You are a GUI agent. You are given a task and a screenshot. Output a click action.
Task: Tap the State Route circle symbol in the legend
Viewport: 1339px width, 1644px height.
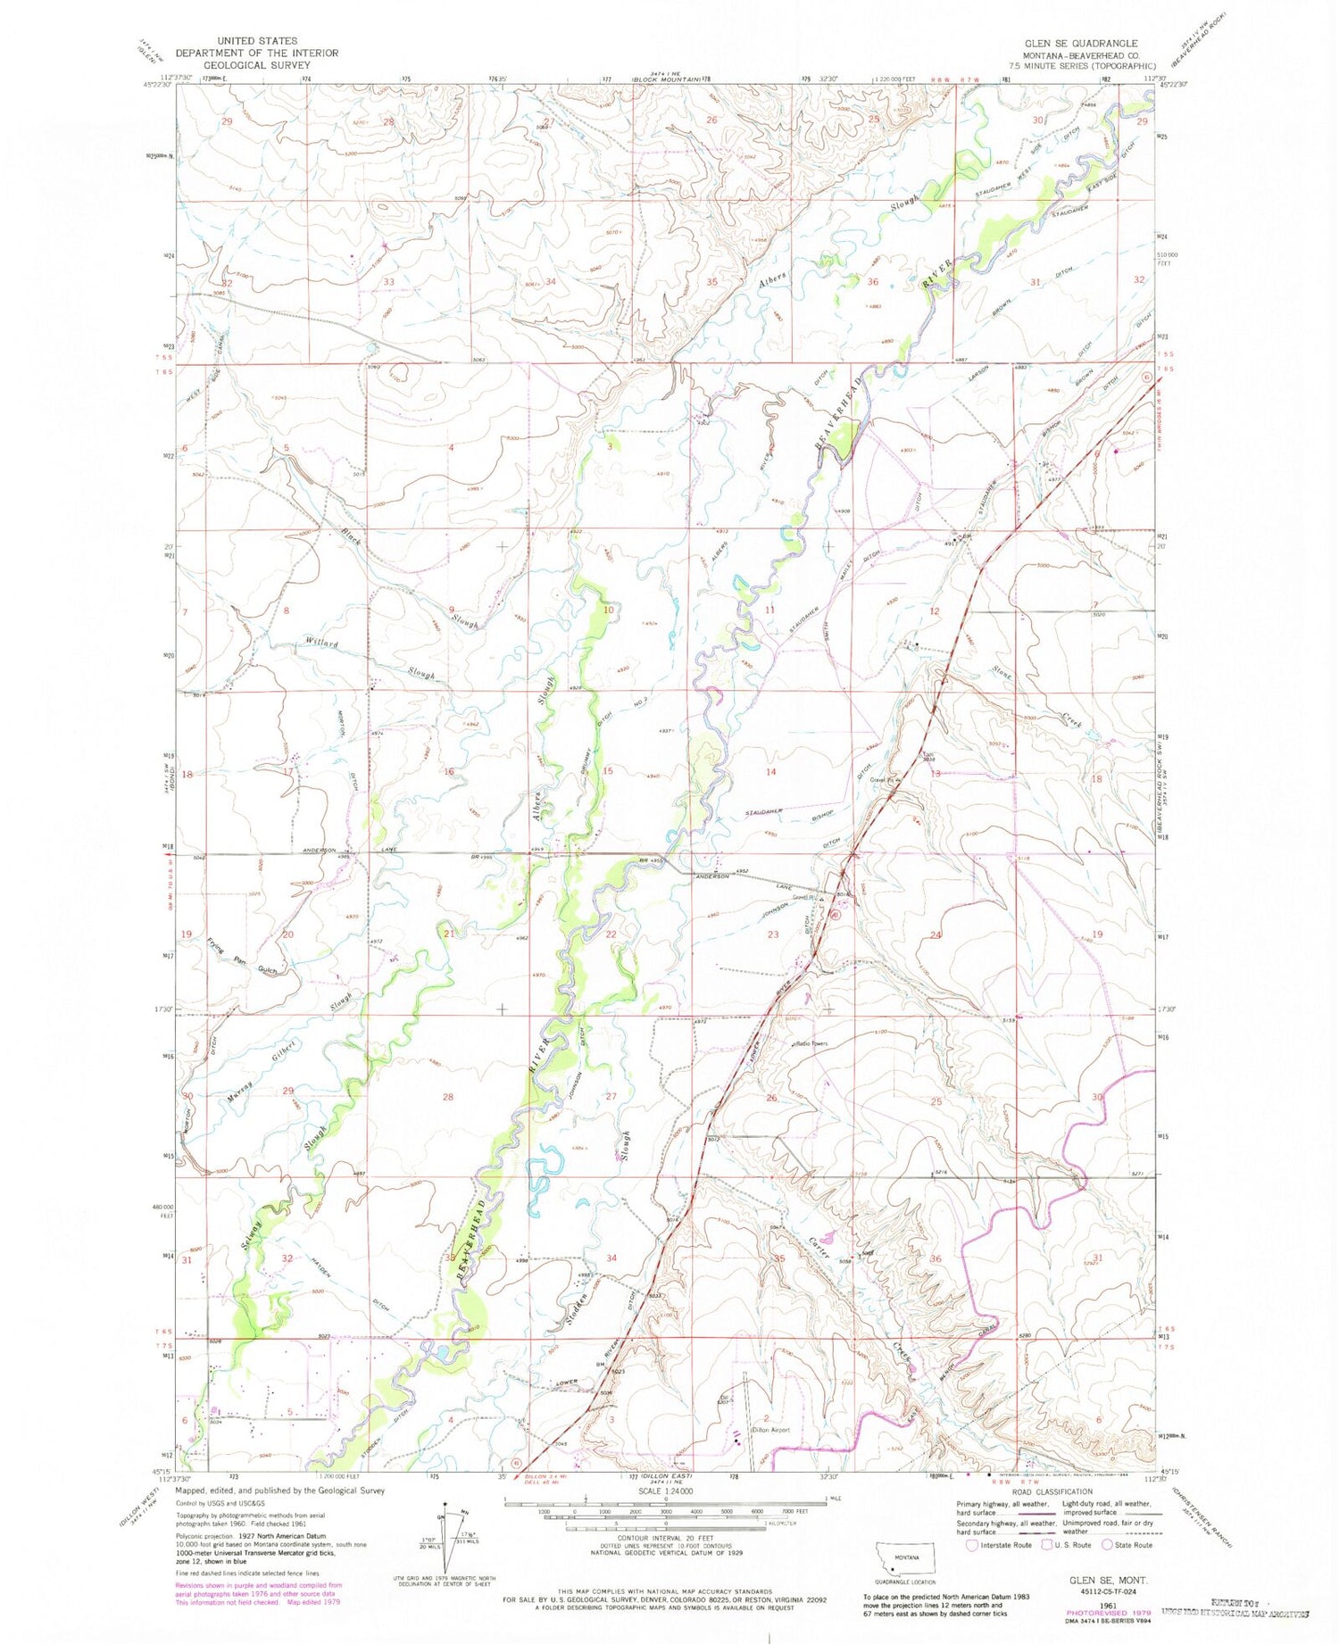(x=1107, y=1545)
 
